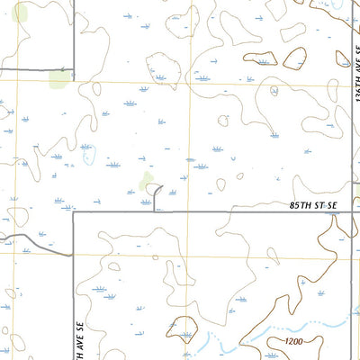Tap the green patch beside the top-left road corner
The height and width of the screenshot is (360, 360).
point(58,79)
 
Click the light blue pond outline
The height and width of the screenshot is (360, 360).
point(87,158)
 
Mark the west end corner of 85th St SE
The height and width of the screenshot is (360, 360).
point(72,213)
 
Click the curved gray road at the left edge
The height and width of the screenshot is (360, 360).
point(27,237)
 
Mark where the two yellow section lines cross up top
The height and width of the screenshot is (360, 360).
point(190,84)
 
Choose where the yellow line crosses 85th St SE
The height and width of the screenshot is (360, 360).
point(190,213)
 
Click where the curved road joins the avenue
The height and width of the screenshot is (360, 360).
point(72,255)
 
